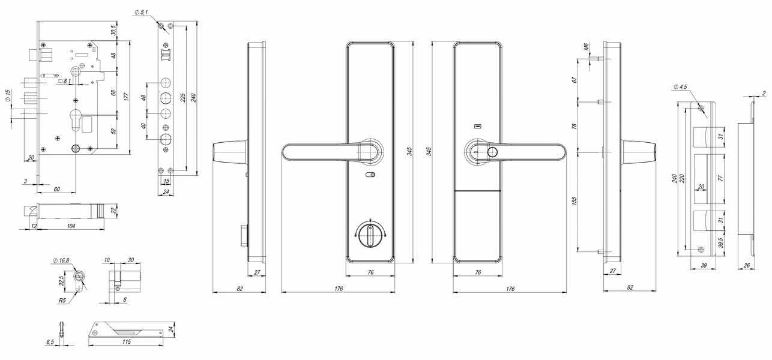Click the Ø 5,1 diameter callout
[x=141, y=13]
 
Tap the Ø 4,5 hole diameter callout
[x=680, y=87]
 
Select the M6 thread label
[x=587, y=47]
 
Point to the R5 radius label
[x=62, y=301]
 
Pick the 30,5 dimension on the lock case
[x=113, y=30]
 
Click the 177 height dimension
[x=126, y=97]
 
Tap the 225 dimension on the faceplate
[x=183, y=97]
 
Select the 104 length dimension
[x=71, y=226]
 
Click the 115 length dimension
[x=127, y=342]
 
